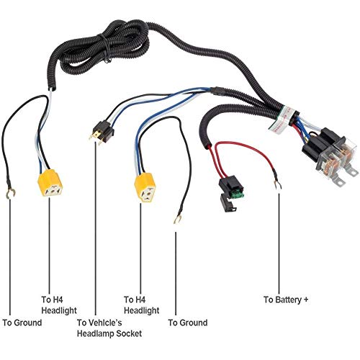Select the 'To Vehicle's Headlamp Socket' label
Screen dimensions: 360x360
click(x=109, y=328)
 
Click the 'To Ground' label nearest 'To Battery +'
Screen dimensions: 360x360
click(x=186, y=323)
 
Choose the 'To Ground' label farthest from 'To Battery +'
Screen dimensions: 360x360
click(x=22, y=323)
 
